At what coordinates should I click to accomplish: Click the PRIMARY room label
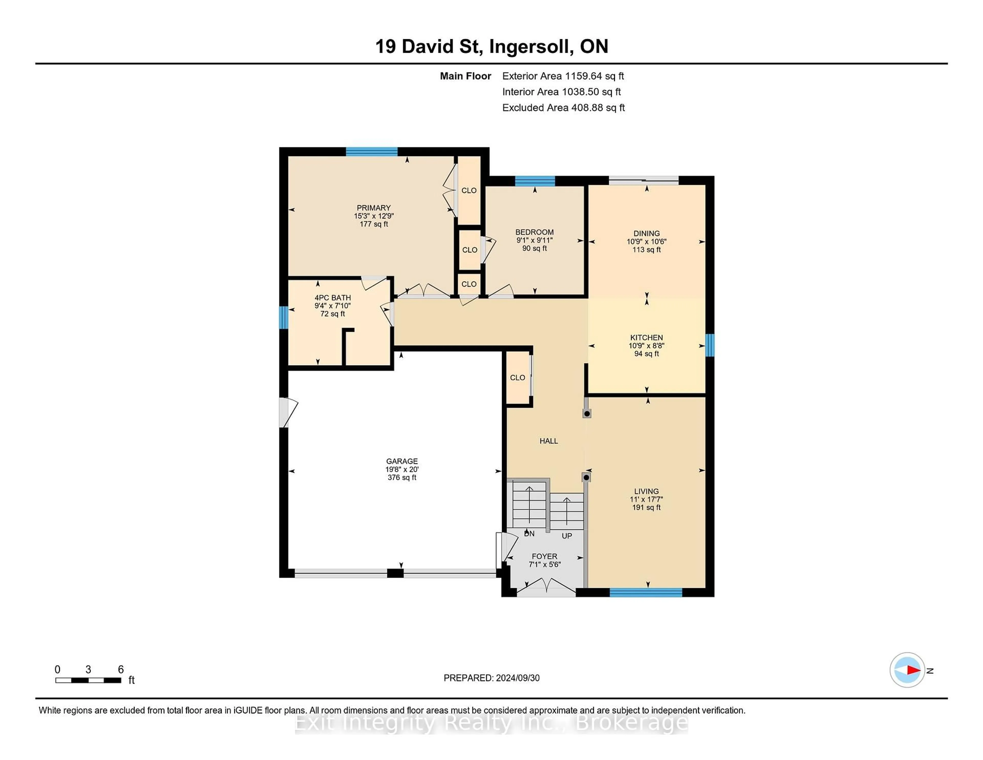(373, 208)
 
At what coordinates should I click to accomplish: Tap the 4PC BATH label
(333, 298)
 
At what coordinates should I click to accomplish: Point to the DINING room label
(646, 233)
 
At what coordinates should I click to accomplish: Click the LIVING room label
(646, 491)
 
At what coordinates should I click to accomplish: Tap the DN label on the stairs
(529, 534)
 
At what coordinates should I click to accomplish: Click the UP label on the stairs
(567, 536)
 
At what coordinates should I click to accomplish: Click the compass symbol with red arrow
(907, 670)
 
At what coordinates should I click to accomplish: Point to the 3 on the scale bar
(88, 670)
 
